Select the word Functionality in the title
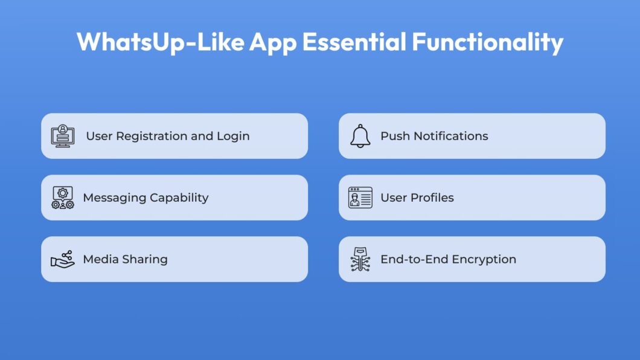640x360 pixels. click(x=488, y=42)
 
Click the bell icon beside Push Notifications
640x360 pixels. click(x=360, y=136)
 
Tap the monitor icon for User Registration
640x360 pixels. click(x=62, y=136)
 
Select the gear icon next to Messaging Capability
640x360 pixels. click(x=62, y=198)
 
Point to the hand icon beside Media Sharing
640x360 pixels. click(x=62, y=259)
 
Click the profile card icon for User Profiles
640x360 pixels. click(x=360, y=198)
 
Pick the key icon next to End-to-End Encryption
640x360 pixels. click(x=360, y=259)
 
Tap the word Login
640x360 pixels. click(x=233, y=137)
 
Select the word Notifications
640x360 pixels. click(x=450, y=136)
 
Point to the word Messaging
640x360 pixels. click(x=115, y=198)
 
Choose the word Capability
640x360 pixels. click(x=179, y=198)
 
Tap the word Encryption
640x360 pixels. click(x=484, y=260)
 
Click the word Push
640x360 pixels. click(x=395, y=136)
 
